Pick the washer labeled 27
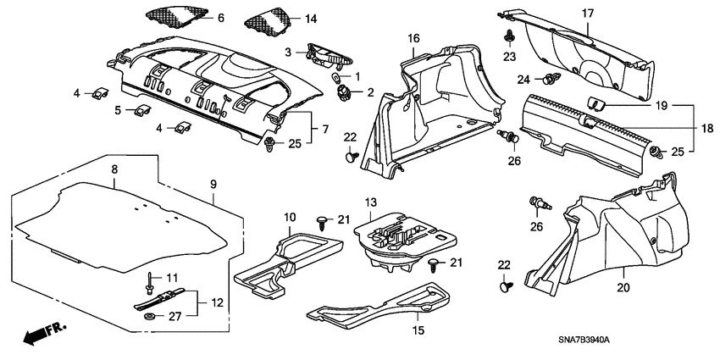pos(150,317)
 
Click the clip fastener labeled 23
pos(510,36)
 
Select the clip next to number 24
pos(551,80)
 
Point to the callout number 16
pos(413,39)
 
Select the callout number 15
pos(418,330)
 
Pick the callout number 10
pos(288,218)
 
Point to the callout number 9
pos(213,182)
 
